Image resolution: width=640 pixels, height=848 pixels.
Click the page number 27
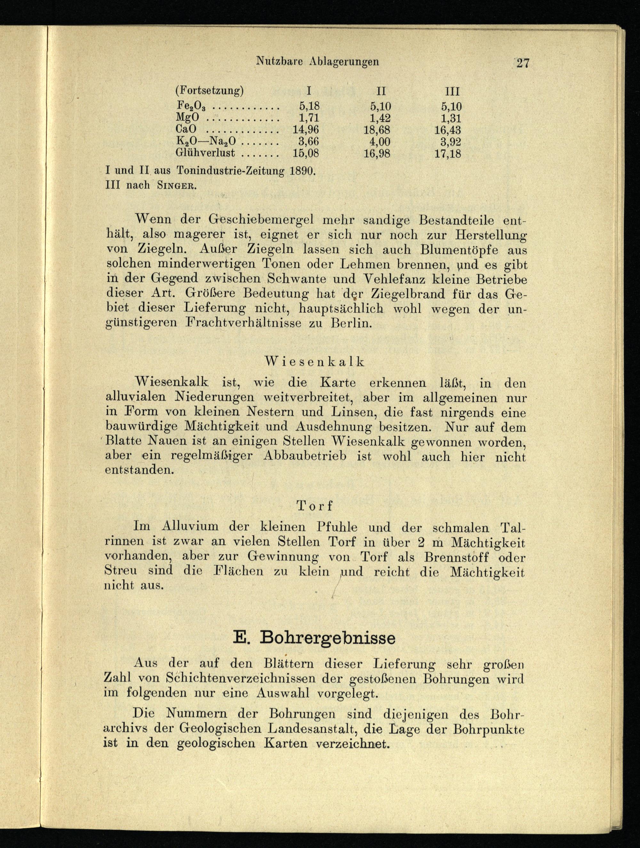(523, 63)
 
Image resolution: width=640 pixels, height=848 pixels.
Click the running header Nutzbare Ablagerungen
(317, 61)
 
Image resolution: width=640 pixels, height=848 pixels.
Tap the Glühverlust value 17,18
(448, 154)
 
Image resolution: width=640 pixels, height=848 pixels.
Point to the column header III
(452, 91)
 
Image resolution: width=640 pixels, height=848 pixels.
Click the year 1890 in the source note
(303, 171)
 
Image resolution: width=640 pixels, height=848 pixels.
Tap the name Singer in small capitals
(177, 186)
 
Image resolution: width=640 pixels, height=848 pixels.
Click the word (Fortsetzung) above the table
(209, 91)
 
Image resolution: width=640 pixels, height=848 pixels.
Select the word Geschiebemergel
(261, 220)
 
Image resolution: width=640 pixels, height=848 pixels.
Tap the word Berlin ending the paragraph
(351, 323)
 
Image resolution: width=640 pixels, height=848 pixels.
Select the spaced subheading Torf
(315, 506)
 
